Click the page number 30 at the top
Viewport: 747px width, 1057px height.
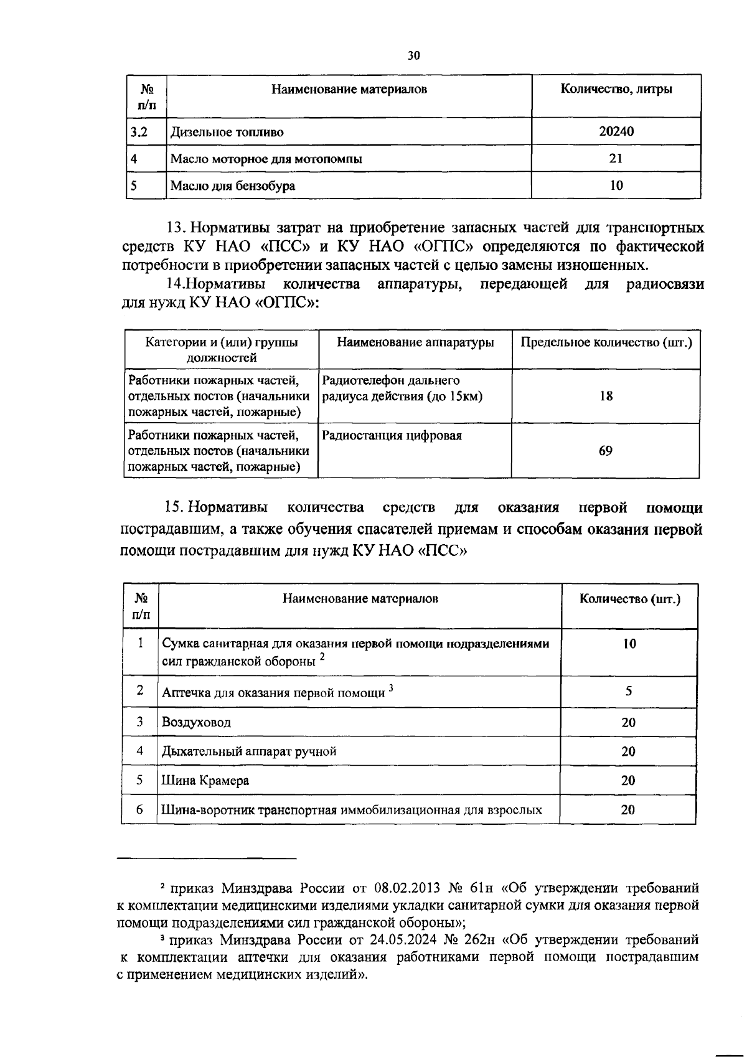[x=414, y=55]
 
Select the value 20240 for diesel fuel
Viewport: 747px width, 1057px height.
[x=616, y=132]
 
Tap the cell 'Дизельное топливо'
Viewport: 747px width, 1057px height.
[x=227, y=133]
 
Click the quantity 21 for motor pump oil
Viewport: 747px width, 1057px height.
[x=616, y=159]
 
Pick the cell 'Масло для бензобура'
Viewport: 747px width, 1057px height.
[x=233, y=186]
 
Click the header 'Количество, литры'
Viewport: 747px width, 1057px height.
[x=616, y=89]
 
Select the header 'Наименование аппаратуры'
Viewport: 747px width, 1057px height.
[x=415, y=342]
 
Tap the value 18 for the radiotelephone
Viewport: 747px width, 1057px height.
[x=606, y=396]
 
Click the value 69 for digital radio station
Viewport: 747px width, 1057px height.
[x=606, y=451]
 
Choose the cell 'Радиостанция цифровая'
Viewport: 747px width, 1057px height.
[x=392, y=436]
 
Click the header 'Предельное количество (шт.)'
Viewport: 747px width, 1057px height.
[x=606, y=342]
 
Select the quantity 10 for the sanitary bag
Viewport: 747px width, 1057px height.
[x=629, y=644]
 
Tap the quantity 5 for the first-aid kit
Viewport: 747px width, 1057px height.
[x=629, y=691]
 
